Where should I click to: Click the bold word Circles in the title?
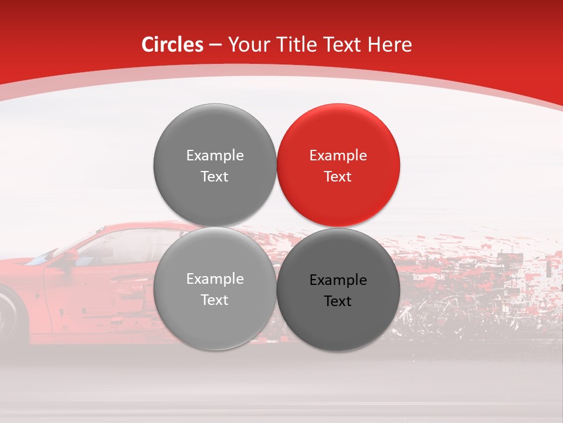coord(172,45)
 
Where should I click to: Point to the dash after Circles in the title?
coord(215,45)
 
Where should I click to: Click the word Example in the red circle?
coord(338,156)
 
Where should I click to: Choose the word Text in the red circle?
coord(338,177)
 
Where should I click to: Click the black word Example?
coord(338,280)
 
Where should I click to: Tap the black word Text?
coord(338,301)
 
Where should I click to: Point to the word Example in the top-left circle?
coord(215,156)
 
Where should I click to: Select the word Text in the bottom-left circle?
coord(215,300)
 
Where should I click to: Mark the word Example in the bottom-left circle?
coord(215,279)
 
